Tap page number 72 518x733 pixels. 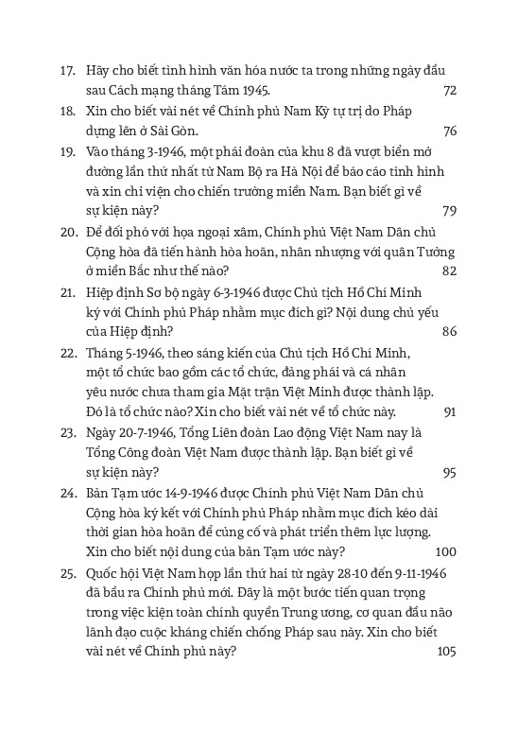click(449, 90)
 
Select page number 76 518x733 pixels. click(449, 131)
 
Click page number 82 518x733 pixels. click(449, 271)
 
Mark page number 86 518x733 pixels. click(449, 331)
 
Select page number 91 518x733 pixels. click(450, 411)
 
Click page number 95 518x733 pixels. click(449, 472)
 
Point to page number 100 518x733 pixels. click(445, 552)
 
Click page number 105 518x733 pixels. click(445, 652)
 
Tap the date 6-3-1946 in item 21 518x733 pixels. click(227, 291)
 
